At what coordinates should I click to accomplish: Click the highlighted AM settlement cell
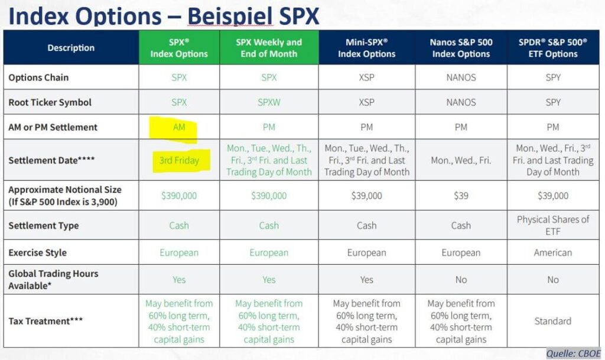179,127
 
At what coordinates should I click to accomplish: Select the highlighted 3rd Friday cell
179,160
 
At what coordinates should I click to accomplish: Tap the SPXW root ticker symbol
269,102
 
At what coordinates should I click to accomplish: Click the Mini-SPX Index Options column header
366,48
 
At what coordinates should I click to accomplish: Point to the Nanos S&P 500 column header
461,48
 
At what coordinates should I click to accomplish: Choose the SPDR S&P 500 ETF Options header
553,48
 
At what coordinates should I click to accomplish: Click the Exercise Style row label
38,252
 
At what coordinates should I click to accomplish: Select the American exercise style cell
553,252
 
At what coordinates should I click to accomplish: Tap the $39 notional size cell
461,196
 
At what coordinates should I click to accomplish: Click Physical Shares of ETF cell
553,225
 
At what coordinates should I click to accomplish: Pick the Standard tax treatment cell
553,321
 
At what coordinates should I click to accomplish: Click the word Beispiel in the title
230,16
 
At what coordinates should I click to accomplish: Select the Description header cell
71,48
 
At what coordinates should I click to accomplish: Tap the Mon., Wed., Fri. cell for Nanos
461,160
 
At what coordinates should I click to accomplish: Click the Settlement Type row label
44,225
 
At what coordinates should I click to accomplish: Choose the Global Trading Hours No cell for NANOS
461,280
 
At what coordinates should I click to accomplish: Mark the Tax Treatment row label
46,321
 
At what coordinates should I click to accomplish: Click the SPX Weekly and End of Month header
269,48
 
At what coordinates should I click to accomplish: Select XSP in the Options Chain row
366,77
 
